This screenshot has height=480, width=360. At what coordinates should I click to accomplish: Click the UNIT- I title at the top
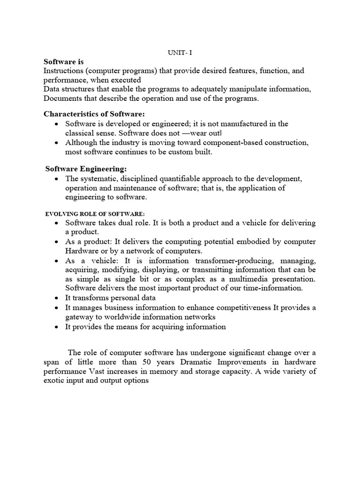pos(180,52)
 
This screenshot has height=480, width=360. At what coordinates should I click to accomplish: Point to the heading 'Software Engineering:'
pos(86,168)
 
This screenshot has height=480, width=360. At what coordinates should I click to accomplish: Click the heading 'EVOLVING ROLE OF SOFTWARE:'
pos(92,213)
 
